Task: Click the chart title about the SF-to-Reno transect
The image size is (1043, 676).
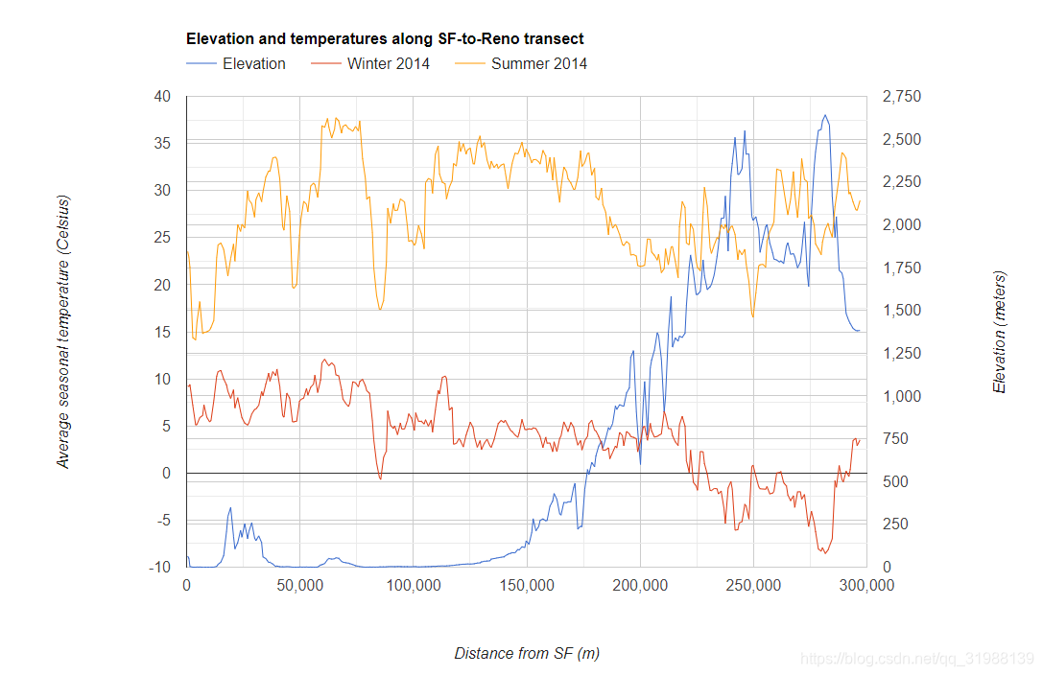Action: coord(385,39)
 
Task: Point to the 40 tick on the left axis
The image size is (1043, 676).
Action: coord(161,96)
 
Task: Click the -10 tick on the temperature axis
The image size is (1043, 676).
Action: coord(159,568)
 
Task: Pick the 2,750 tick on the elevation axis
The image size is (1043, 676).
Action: coord(900,96)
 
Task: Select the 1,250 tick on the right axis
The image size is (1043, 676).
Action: coord(900,354)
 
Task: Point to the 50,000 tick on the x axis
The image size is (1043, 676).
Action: coord(299,586)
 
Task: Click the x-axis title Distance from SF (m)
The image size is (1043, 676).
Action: coord(527,653)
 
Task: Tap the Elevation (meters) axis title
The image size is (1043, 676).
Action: coord(999,332)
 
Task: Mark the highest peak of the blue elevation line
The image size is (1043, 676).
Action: coord(824,115)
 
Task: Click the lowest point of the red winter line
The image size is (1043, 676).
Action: coord(824,553)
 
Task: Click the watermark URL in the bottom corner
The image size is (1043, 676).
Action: coord(917,659)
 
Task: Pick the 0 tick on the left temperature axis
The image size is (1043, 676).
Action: coord(165,474)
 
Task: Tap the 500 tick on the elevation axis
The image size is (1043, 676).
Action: coord(894,481)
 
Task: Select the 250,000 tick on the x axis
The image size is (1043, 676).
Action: coord(753,586)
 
